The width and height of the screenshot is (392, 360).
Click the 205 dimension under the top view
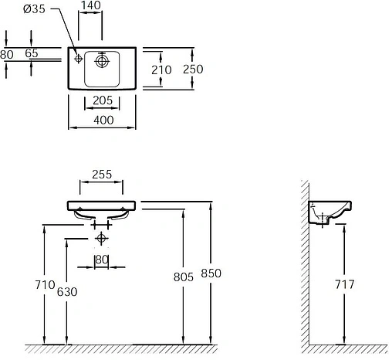coord(103,101)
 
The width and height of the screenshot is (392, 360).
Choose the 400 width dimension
coord(103,120)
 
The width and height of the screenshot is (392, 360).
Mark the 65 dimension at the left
coord(32,54)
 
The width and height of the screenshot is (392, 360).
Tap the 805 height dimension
coord(182,273)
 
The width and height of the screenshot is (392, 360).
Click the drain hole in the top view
coord(102,59)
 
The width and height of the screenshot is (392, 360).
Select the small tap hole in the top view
coord(79,59)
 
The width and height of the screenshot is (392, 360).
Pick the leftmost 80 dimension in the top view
coord(7,54)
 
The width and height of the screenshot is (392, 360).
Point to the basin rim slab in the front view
coord(101,206)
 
